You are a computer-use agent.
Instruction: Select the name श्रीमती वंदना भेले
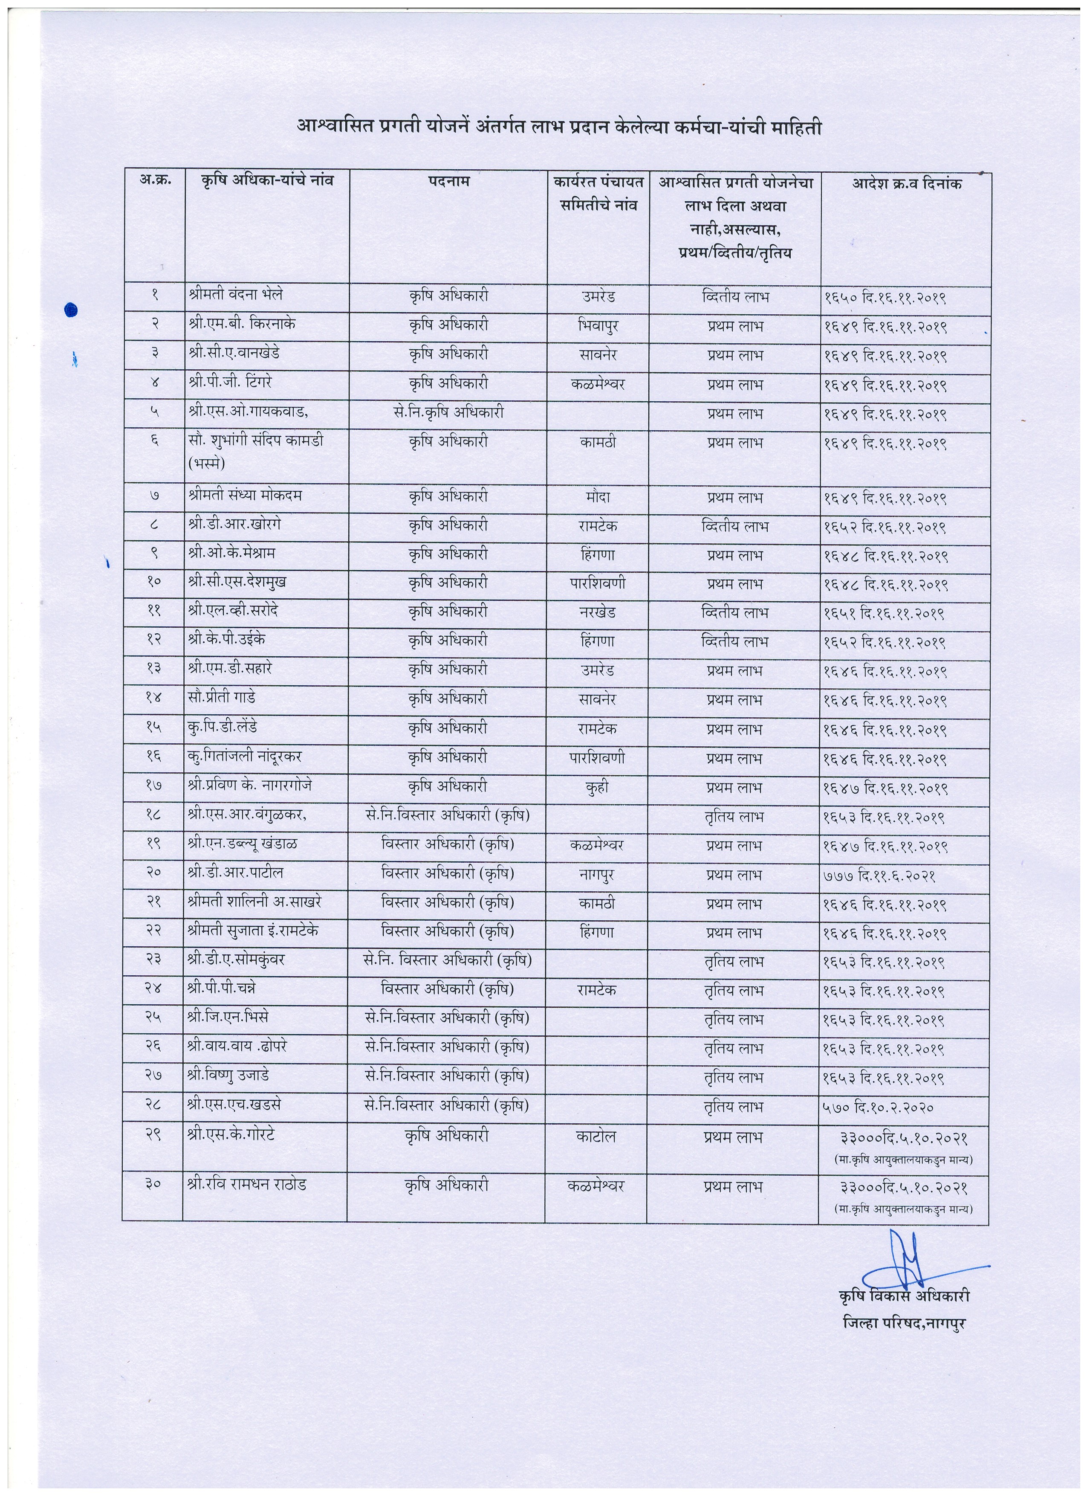point(235,294)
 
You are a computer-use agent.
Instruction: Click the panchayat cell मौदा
point(597,497)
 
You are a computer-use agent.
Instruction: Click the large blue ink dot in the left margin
point(72,310)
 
